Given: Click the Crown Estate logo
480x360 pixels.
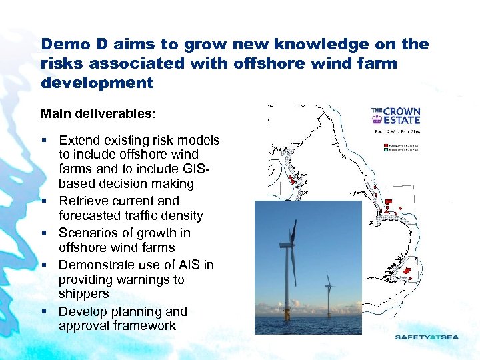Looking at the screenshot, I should [396, 116].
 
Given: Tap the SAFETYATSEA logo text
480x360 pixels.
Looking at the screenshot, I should [427, 337].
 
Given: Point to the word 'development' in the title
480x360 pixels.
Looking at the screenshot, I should [97, 83].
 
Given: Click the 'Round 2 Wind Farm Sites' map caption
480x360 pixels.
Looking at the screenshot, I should [396, 131].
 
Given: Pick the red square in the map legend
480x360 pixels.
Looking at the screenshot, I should [386, 144].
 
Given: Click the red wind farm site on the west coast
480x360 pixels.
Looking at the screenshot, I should [291, 180].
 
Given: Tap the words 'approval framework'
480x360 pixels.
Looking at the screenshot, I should [117, 326].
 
